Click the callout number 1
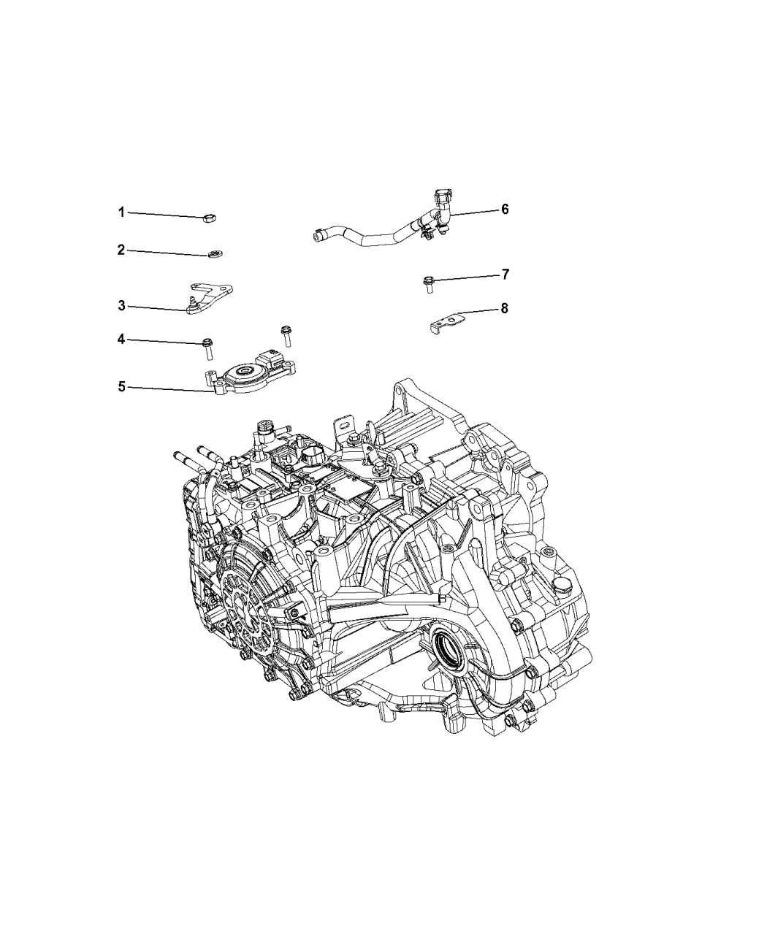coord(121,212)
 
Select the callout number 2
coord(121,250)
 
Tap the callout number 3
coord(121,306)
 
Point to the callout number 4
coord(121,340)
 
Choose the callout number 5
coord(121,386)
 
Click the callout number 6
coord(505,209)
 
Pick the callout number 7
coord(505,275)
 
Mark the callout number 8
coord(504,308)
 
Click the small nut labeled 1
coord(209,218)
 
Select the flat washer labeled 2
coord(215,254)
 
